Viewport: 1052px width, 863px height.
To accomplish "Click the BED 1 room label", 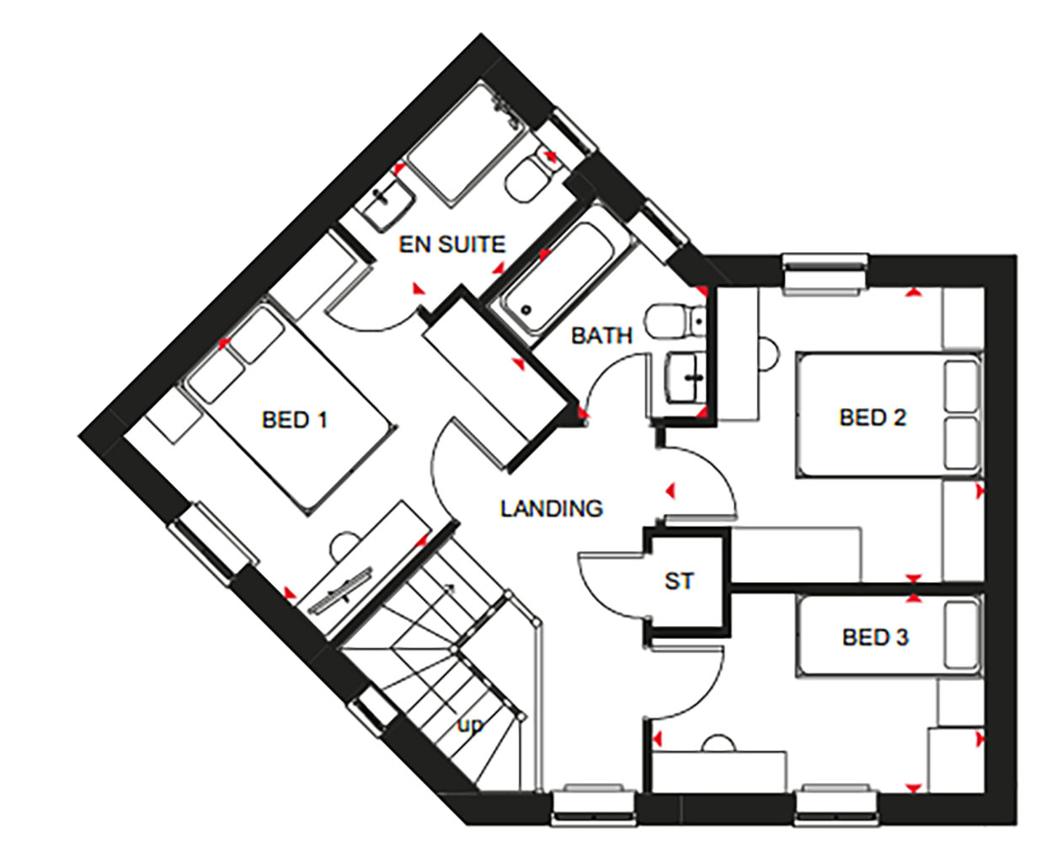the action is [x=294, y=420].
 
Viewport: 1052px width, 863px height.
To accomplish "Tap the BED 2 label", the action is [x=873, y=417].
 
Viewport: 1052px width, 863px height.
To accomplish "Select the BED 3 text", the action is [x=875, y=637].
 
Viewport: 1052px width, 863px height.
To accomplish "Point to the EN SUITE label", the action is [x=452, y=244].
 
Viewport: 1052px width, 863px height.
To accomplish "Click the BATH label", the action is [x=601, y=336].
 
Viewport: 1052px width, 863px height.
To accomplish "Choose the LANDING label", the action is [x=552, y=509].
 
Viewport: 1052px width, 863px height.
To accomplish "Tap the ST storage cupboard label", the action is [x=679, y=581].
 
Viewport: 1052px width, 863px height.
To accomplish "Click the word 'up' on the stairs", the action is [x=470, y=725].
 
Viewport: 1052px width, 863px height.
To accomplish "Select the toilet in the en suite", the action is [x=531, y=175].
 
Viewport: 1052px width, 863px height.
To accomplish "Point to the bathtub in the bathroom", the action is [x=559, y=277].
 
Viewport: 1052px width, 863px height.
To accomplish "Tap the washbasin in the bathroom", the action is [x=686, y=378].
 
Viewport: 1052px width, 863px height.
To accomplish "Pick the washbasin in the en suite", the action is [x=387, y=205].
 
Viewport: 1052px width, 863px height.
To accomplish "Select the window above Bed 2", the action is [x=825, y=275].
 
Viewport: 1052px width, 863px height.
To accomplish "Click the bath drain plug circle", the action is [x=526, y=310].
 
